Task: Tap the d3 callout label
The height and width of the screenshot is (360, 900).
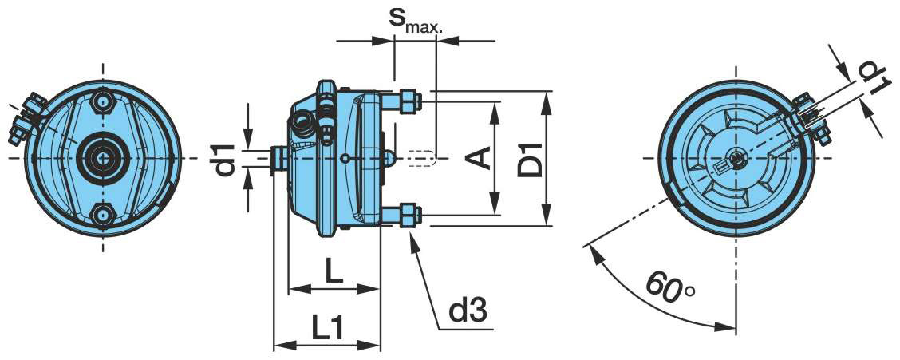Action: (x=468, y=310)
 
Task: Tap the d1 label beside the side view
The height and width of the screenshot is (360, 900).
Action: (x=226, y=159)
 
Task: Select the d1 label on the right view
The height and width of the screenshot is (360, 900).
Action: (x=871, y=78)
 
